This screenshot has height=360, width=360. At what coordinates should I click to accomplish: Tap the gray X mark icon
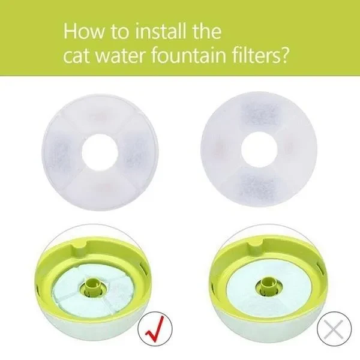(x=334, y=328)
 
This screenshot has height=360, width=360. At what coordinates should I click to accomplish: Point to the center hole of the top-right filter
(x=259, y=150)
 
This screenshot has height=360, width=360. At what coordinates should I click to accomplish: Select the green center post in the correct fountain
(x=91, y=287)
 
